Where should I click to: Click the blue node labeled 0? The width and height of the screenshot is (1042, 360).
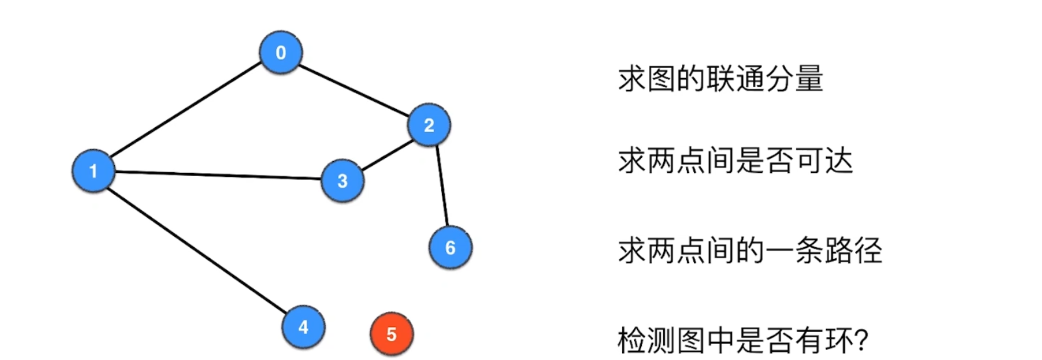click(x=281, y=52)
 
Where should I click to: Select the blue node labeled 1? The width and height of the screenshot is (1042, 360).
click(x=93, y=171)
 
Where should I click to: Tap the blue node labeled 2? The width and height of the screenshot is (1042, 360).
click(x=429, y=124)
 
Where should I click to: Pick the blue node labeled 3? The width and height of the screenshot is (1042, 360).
click(x=342, y=181)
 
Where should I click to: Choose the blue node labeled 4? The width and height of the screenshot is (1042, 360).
click(x=303, y=326)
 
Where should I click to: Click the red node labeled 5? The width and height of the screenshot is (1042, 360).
click(x=391, y=334)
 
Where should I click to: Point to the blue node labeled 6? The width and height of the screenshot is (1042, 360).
click(x=450, y=247)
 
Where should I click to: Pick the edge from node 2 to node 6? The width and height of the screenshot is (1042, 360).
click(x=442, y=186)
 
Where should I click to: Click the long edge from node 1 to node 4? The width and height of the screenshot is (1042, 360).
click(x=198, y=249)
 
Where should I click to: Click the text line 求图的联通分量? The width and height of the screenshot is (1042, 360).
click(x=721, y=79)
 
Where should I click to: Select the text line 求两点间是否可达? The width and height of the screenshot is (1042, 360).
click(x=735, y=161)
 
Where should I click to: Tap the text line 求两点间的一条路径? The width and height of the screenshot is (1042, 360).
click(x=750, y=250)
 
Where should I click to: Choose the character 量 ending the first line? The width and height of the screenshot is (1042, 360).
click(x=809, y=79)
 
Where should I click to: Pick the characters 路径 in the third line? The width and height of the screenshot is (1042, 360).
click(x=853, y=250)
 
